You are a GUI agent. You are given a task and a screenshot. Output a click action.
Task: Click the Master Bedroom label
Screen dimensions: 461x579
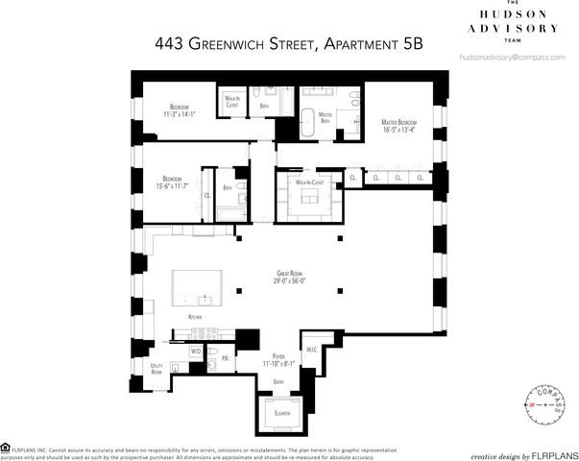click(x=398, y=123)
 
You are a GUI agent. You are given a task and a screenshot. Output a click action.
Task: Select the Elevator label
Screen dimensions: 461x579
click(x=281, y=413)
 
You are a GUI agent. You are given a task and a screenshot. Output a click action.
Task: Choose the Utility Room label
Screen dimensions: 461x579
click(x=157, y=369)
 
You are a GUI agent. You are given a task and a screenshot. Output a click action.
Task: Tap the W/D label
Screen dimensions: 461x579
click(x=196, y=352)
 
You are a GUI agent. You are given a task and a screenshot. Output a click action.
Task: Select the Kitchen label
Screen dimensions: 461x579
click(x=195, y=316)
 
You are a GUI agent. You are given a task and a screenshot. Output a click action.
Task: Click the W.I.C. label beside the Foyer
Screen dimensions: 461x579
click(x=311, y=351)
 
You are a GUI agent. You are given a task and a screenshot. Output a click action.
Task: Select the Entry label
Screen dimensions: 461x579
click(x=278, y=381)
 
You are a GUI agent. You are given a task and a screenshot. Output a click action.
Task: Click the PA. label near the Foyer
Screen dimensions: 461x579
click(x=224, y=358)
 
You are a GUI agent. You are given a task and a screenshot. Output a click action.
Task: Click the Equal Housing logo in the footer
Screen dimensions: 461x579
click(x=7, y=447)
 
